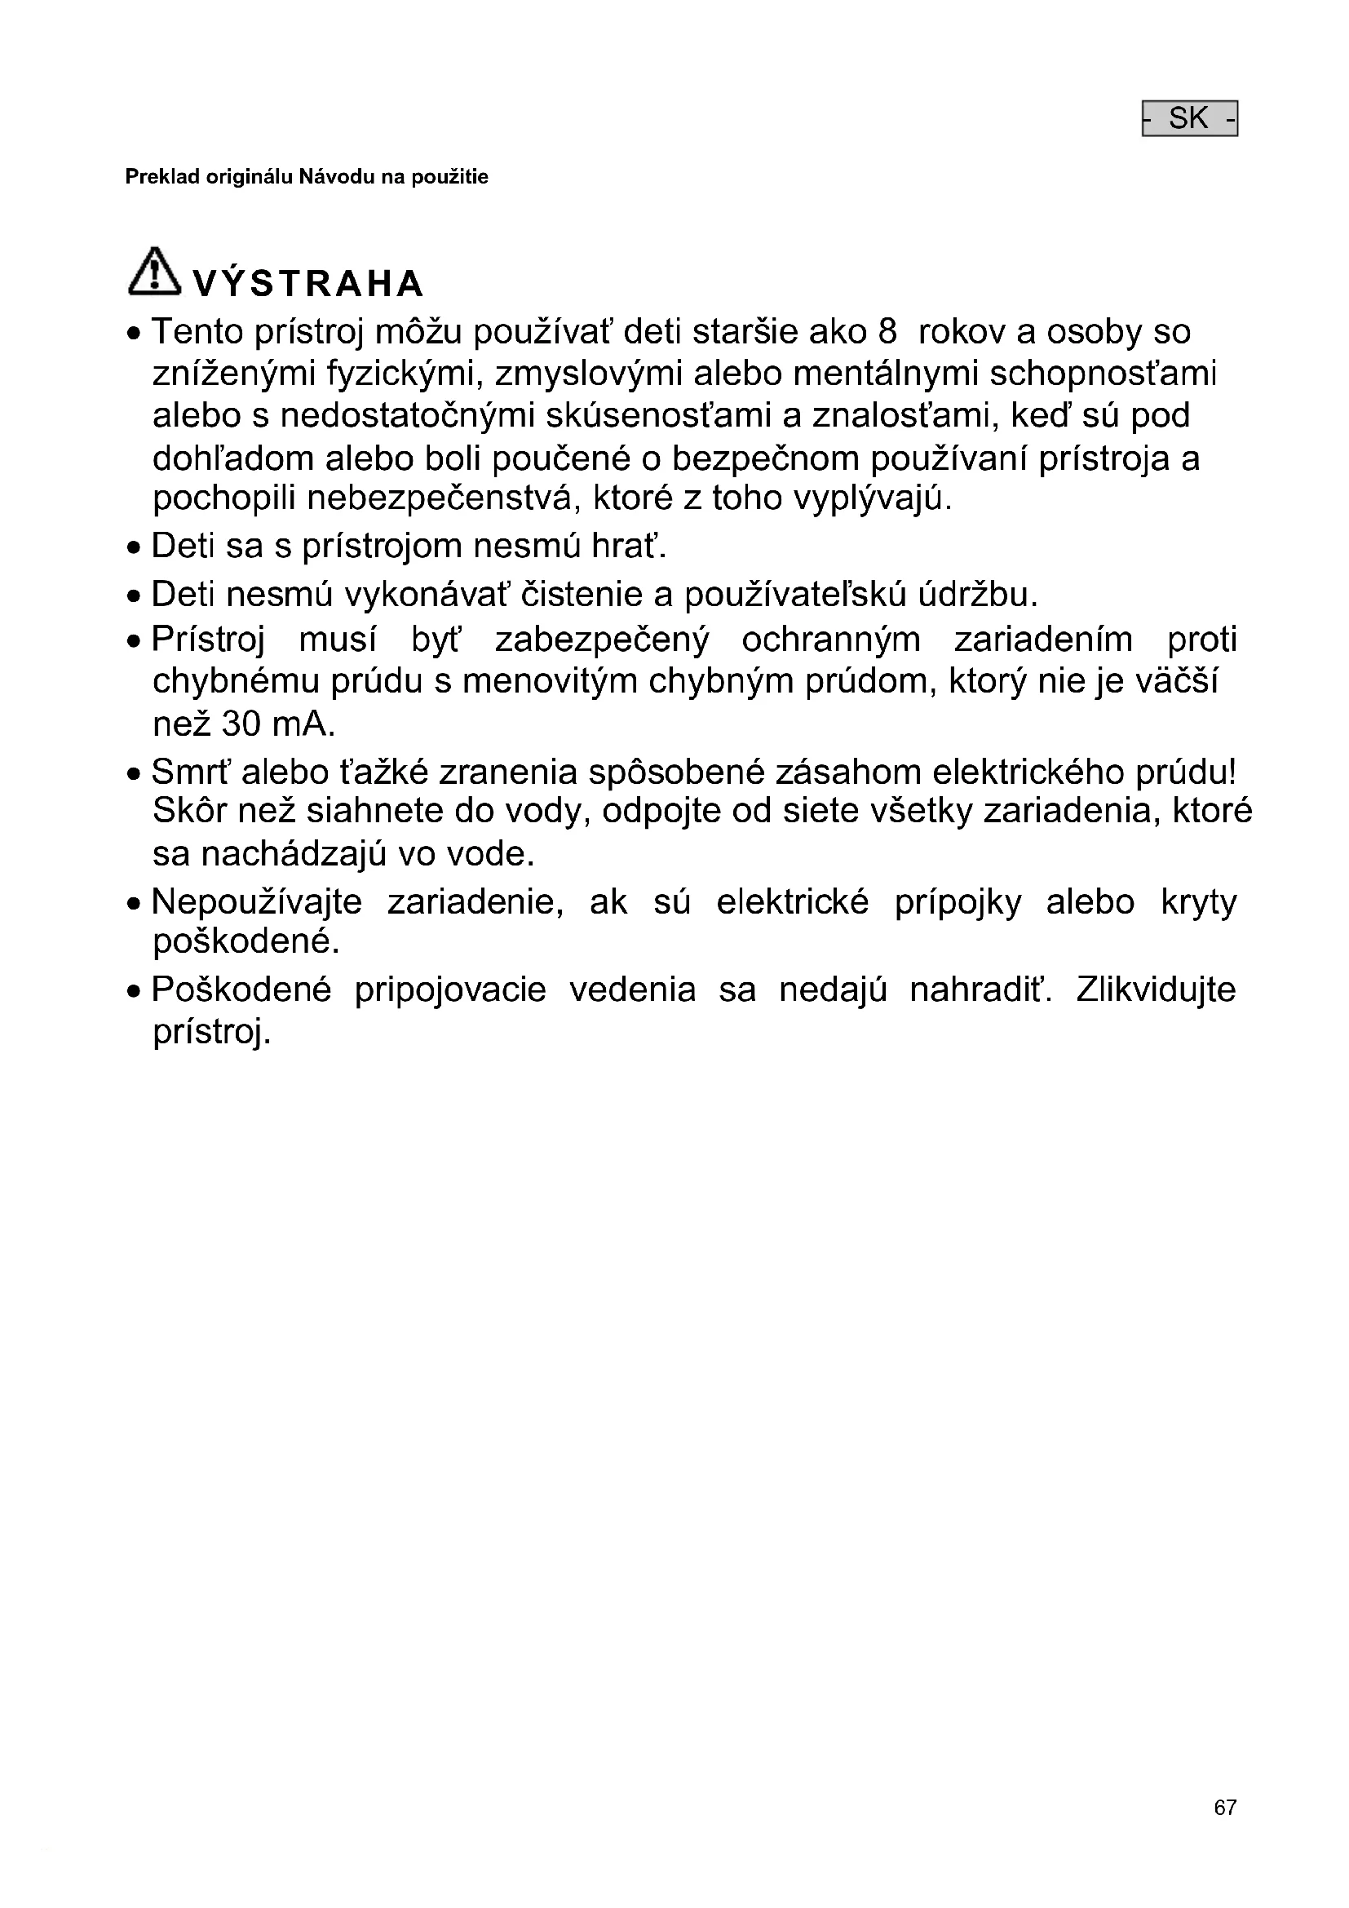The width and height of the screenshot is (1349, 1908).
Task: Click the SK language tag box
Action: click(x=1189, y=119)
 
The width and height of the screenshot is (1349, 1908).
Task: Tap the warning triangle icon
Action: click(x=153, y=271)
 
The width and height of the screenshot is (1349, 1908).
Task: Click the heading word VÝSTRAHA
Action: click(x=308, y=284)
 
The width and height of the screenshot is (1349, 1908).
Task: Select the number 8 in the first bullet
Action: click(x=887, y=332)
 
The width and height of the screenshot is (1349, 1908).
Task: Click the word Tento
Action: click(x=197, y=332)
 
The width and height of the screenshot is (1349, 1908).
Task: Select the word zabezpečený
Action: click(x=602, y=640)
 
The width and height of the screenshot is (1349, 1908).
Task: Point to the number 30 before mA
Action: click(x=241, y=724)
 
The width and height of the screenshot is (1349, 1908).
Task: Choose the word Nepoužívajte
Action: click(x=257, y=902)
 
